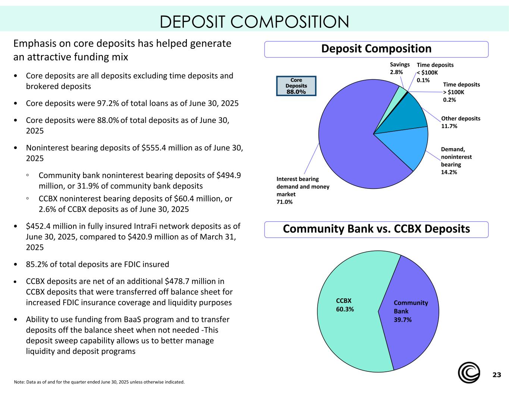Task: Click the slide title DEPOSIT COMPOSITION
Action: click(254, 22)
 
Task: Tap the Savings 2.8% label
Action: click(399, 69)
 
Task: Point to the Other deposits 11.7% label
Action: click(461, 122)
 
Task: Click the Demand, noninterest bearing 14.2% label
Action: click(456, 161)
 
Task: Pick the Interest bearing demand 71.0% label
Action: click(303, 190)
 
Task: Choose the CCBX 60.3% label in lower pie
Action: click(345, 305)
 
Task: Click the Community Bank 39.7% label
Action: click(411, 311)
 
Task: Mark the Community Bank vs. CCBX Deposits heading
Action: click(376, 229)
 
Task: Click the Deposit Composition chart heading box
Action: click(376, 49)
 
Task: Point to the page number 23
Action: click(496, 375)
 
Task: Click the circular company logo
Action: click(469, 373)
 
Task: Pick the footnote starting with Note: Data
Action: click(99, 382)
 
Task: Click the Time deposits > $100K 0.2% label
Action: click(461, 92)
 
